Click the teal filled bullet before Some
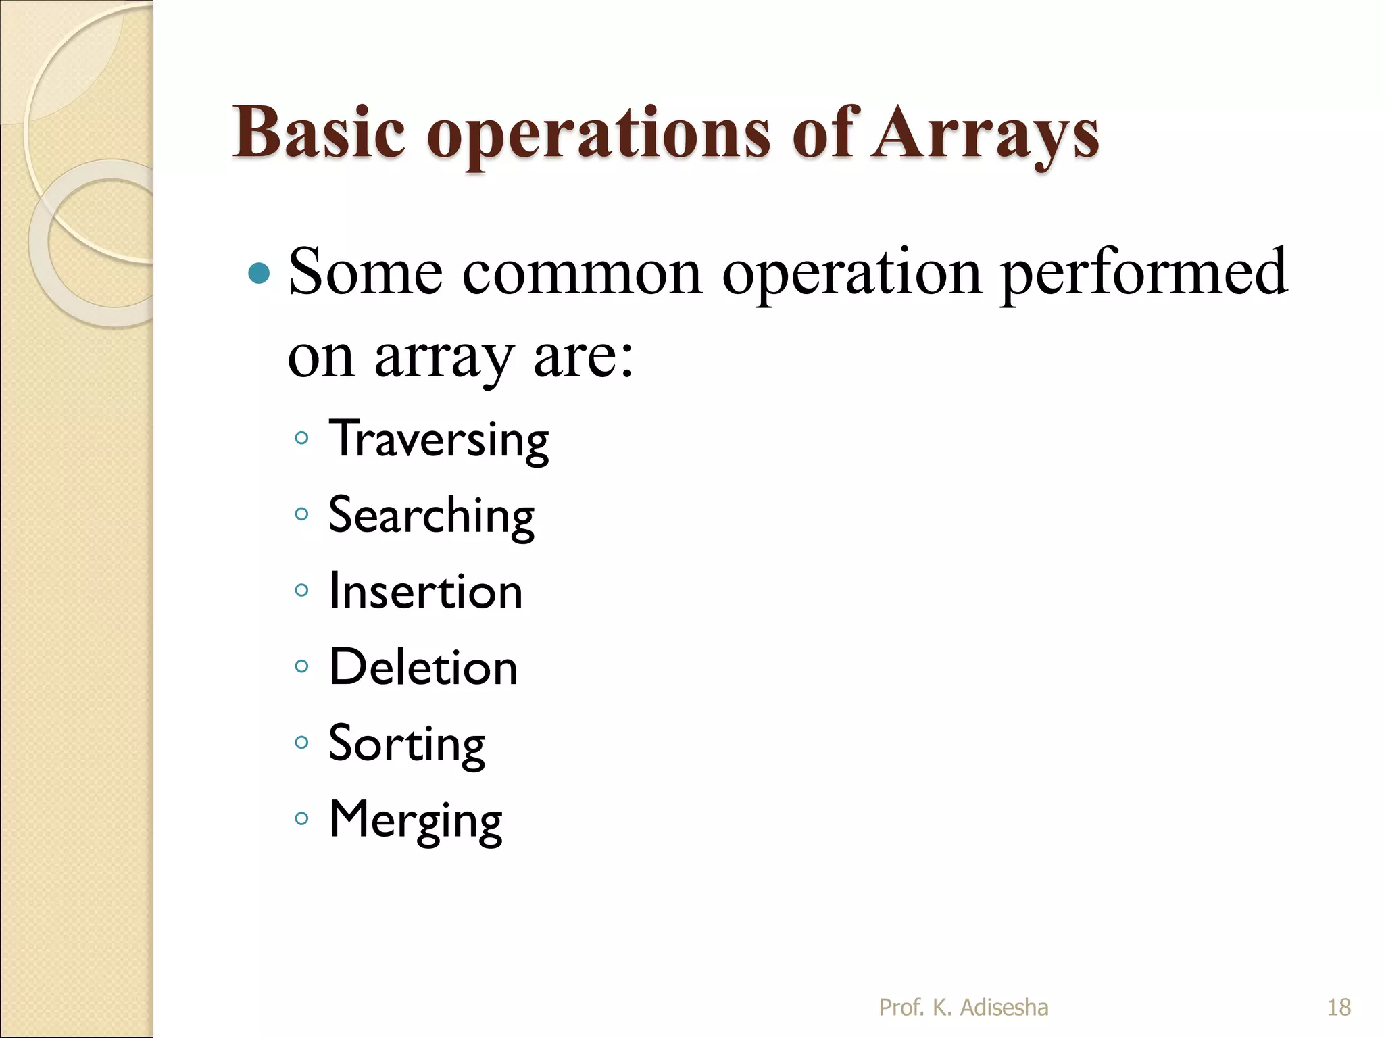(259, 274)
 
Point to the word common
(582, 272)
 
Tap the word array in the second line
(443, 358)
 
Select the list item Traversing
(439, 439)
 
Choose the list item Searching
(431, 516)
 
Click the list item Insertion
(426, 591)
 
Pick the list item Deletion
(423, 668)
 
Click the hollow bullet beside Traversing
(301, 438)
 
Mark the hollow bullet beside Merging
(301, 819)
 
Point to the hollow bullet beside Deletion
(301, 666)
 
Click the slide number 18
(1339, 1008)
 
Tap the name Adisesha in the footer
(1004, 1008)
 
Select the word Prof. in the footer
(901, 1008)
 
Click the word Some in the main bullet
(366, 272)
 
